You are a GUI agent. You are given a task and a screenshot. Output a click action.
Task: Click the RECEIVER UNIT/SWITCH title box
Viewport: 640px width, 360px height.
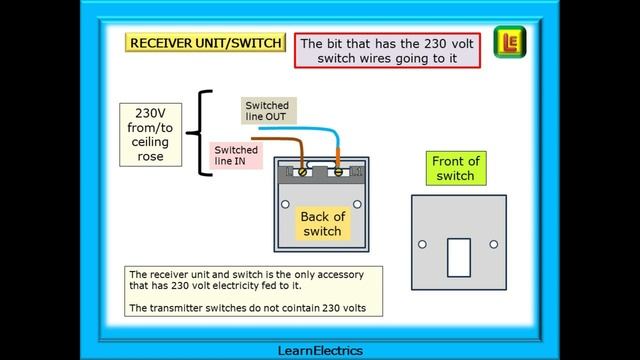coord(205,43)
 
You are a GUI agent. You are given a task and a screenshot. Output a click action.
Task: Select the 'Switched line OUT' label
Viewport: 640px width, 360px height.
coord(267,111)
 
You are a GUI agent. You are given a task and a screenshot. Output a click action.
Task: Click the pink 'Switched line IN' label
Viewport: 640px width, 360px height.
coord(237,155)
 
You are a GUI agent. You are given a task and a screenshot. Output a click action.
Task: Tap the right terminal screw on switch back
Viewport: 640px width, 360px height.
coord(340,172)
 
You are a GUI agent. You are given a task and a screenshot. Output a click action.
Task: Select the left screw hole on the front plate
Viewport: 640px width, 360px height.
coord(423,244)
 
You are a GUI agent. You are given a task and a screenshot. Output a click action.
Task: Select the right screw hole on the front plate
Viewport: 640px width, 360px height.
coord(492,244)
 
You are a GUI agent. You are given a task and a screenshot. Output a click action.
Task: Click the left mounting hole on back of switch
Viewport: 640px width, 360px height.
coord(285,205)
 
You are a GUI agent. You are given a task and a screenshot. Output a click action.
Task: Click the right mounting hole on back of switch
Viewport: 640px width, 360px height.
coord(354,205)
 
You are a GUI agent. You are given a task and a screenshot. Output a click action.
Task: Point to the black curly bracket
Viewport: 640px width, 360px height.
coord(203,133)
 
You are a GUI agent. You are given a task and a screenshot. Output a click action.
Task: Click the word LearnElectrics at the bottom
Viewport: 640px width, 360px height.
coord(319,350)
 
